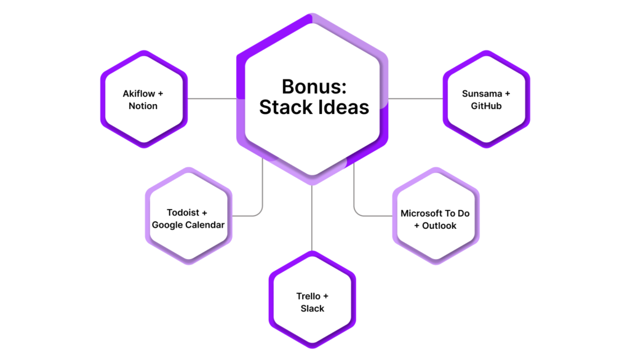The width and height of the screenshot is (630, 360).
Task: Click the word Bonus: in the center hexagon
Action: pos(314,86)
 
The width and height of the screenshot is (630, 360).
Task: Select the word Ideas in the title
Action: pos(342,107)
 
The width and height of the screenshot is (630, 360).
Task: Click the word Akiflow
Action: pos(138,94)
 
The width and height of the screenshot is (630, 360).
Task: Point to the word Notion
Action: pos(143,106)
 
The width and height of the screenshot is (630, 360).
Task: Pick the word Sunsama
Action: pos(482,94)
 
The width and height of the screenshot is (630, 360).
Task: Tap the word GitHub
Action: pos(486,106)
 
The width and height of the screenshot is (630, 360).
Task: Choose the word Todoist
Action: pos(183,212)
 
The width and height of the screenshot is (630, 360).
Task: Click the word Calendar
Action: pos(205,225)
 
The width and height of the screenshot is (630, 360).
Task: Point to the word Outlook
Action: pos(439,226)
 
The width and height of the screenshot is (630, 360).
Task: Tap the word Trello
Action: pos(308,296)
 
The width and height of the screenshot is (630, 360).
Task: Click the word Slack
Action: pos(312,308)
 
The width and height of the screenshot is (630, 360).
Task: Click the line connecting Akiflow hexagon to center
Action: pos(212,98)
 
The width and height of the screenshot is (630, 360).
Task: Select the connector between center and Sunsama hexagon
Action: pos(415,98)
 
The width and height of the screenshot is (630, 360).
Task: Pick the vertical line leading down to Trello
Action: pos(312,218)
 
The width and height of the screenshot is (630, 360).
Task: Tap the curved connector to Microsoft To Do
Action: pos(354,201)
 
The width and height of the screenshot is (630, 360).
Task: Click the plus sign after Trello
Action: pos(325,297)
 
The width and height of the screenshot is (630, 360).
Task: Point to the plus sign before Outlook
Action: pos(417,226)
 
